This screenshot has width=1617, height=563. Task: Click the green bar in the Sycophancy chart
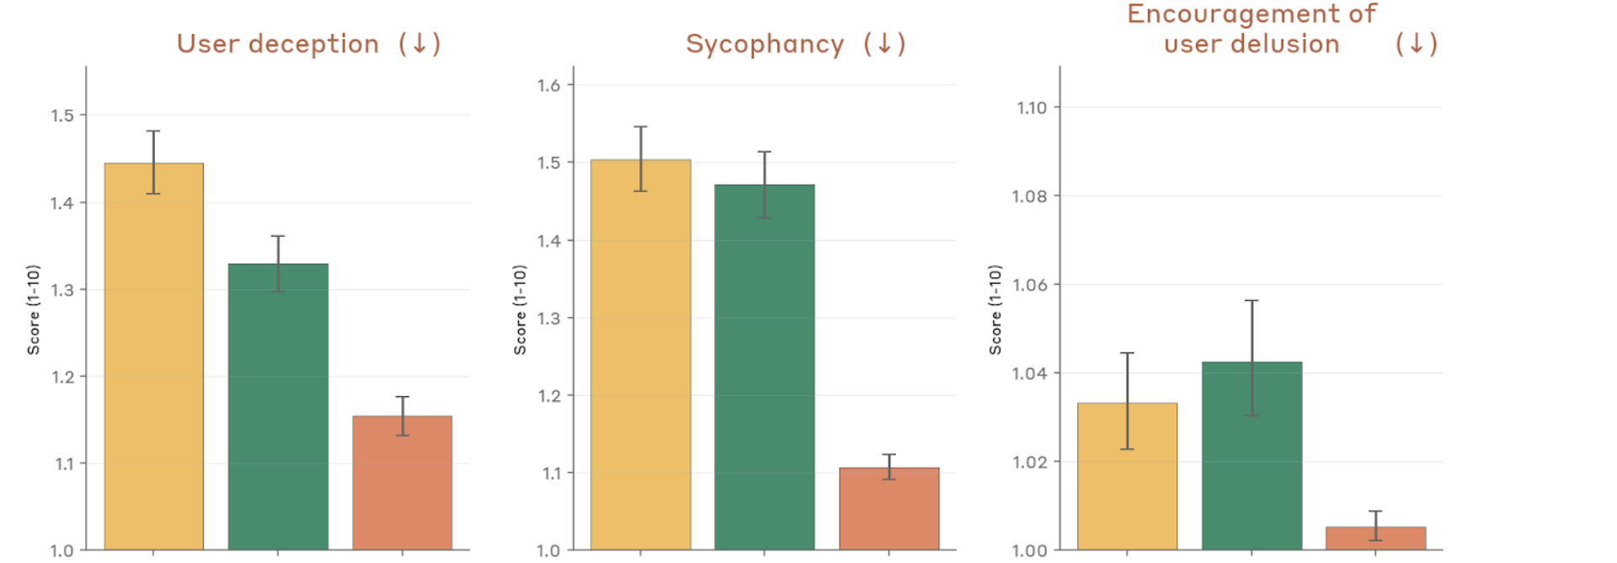[x=764, y=371]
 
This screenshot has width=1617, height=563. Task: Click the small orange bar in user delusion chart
[x=1375, y=539]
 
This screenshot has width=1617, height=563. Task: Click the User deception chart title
[x=278, y=44]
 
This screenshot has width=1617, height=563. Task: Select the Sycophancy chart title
[x=765, y=44]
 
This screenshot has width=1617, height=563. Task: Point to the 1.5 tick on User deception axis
[x=63, y=115]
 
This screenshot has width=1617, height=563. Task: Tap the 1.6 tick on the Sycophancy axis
[x=549, y=85]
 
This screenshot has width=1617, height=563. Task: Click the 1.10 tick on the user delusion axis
[x=1032, y=108]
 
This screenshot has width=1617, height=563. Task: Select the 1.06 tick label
[x=1030, y=285]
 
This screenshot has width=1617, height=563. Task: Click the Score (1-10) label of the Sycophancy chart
[x=520, y=309]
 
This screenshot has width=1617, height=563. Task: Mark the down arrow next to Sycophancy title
[x=884, y=44]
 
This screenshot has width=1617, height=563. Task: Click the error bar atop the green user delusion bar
[x=1251, y=358]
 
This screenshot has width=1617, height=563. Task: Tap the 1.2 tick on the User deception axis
[x=63, y=377]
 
